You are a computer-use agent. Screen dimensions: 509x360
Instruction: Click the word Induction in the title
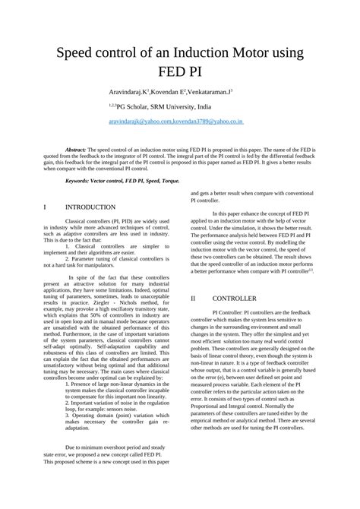[x=197, y=54]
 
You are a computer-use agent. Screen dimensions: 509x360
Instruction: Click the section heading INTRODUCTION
[x=90, y=207]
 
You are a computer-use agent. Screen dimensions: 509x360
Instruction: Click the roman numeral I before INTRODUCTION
[x=47, y=207]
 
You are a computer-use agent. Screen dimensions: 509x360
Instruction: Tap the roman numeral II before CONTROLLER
[x=194, y=299]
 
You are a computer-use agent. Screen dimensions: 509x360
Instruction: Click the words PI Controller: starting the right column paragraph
[x=232, y=312]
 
